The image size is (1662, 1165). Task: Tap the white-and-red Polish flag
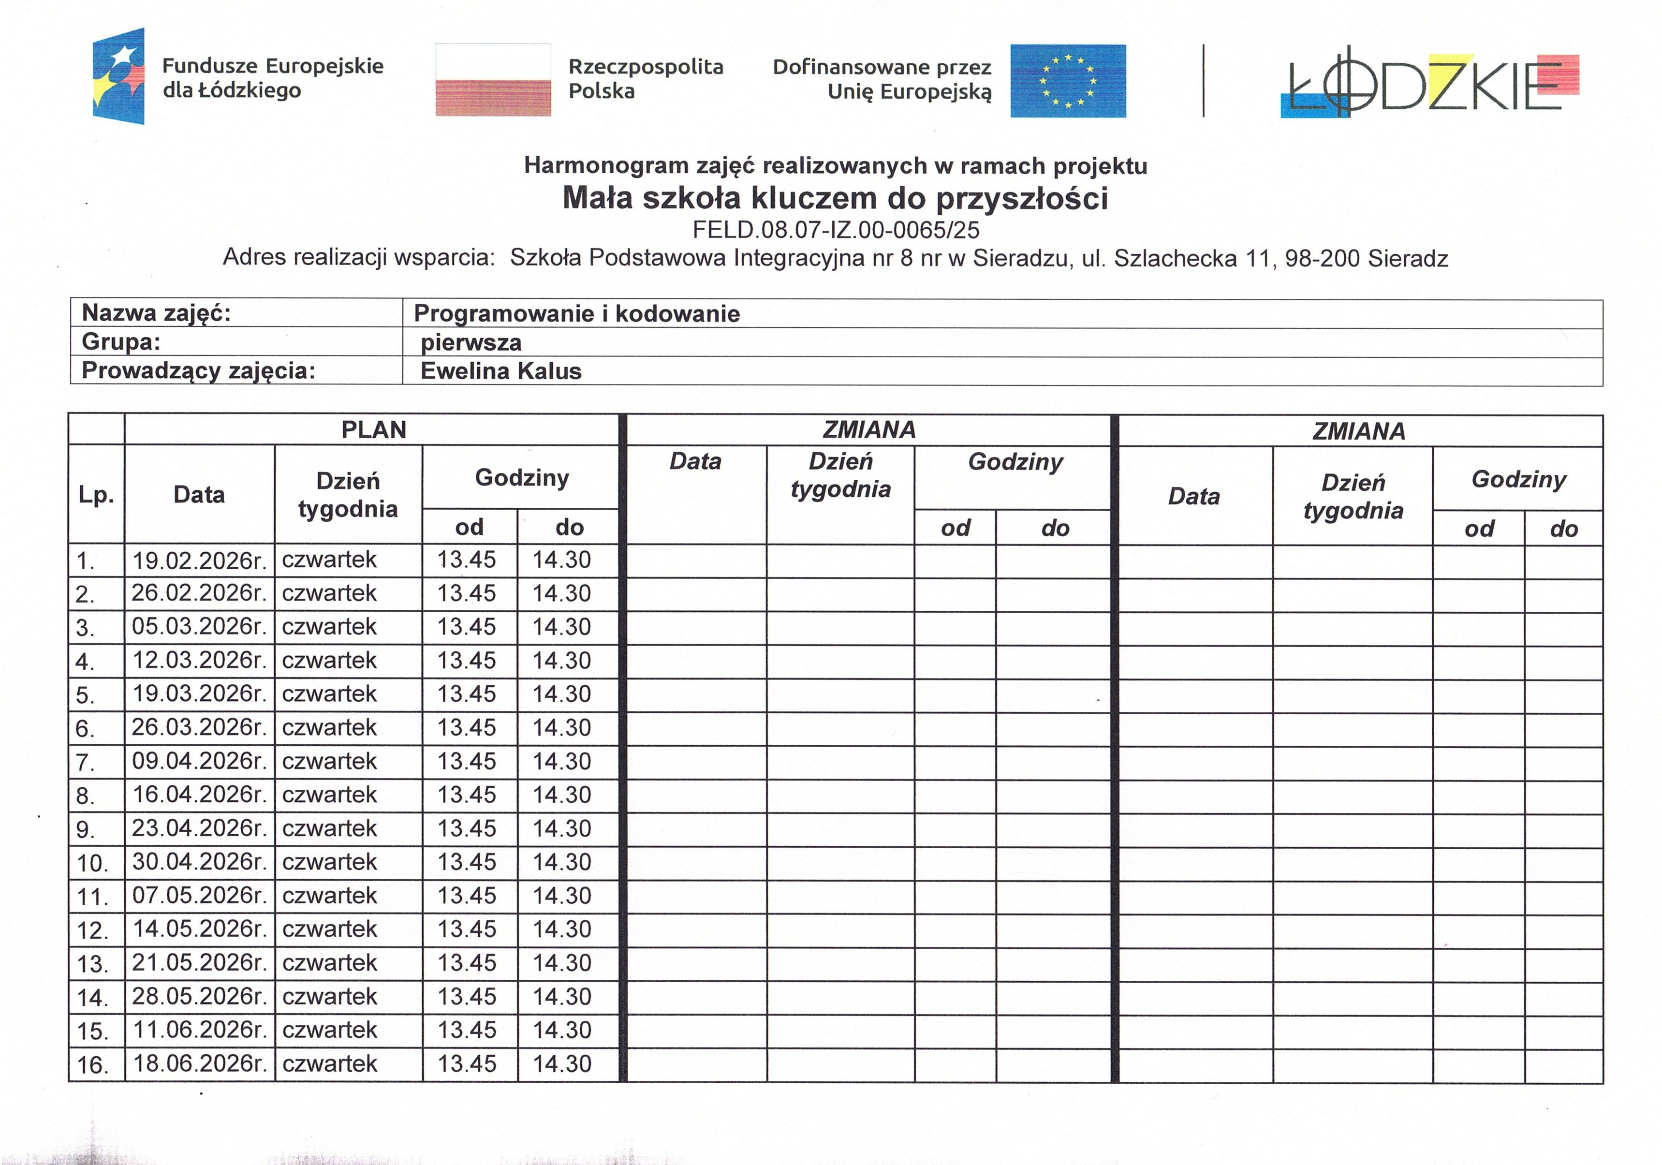click(493, 80)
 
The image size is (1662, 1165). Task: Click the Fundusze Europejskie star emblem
click(119, 76)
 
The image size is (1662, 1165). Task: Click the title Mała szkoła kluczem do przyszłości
click(835, 198)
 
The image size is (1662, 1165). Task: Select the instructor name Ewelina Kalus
click(501, 371)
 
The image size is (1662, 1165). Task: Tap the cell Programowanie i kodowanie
click(577, 313)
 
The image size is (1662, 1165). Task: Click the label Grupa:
click(121, 342)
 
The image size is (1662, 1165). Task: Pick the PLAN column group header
click(373, 429)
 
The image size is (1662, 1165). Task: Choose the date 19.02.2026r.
click(199, 560)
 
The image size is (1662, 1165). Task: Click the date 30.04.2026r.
click(199, 862)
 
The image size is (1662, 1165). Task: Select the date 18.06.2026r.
click(199, 1063)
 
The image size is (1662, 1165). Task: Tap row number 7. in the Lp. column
click(86, 762)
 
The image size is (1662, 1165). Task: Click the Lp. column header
click(96, 495)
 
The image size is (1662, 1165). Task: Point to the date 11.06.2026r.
click(199, 1030)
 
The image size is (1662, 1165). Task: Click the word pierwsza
click(471, 342)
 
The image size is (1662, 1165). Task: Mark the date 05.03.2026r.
click(199, 626)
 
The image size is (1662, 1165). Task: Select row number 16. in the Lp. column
click(93, 1065)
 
